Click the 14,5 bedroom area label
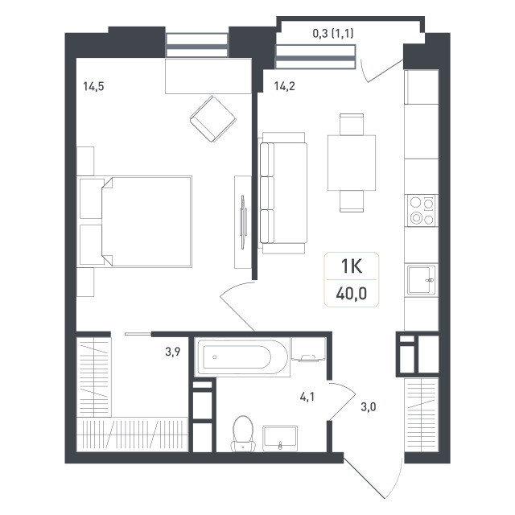(x=93, y=87)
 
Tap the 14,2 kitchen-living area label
(x=284, y=86)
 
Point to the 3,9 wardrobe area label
(x=173, y=352)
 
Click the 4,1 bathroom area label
(x=307, y=397)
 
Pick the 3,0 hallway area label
(x=369, y=407)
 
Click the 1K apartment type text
(x=352, y=266)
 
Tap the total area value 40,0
(x=352, y=293)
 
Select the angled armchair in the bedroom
(x=212, y=119)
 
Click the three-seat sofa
(x=283, y=193)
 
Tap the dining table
(x=352, y=163)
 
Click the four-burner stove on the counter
(x=422, y=210)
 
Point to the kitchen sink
(x=422, y=280)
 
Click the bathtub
(x=242, y=357)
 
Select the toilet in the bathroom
(x=243, y=435)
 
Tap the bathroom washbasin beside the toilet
(x=280, y=439)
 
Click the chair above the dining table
(x=352, y=124)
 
